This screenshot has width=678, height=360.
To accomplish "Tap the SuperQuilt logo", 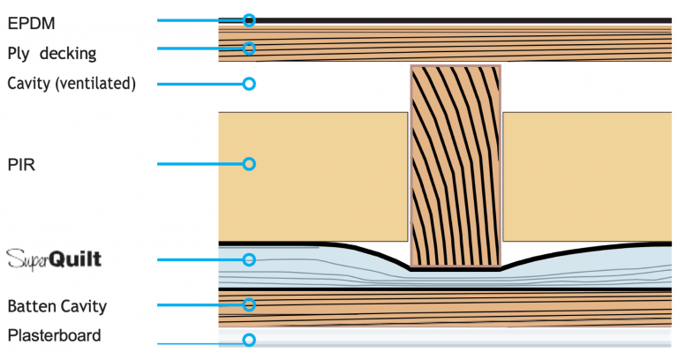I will (54, 259).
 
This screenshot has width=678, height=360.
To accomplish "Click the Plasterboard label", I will (54, 335).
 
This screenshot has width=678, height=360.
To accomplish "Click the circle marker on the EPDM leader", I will (249, 19).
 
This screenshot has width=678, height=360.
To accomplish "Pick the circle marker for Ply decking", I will (249, 48).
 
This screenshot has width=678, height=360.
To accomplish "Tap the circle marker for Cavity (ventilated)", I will (249, 84).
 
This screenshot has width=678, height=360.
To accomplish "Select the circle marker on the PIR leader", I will (249, 163).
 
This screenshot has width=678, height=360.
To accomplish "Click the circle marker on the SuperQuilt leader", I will (249, 259).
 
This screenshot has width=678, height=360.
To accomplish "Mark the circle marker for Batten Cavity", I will (249, 304).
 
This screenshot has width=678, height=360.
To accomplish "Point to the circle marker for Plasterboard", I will (249, 340).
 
